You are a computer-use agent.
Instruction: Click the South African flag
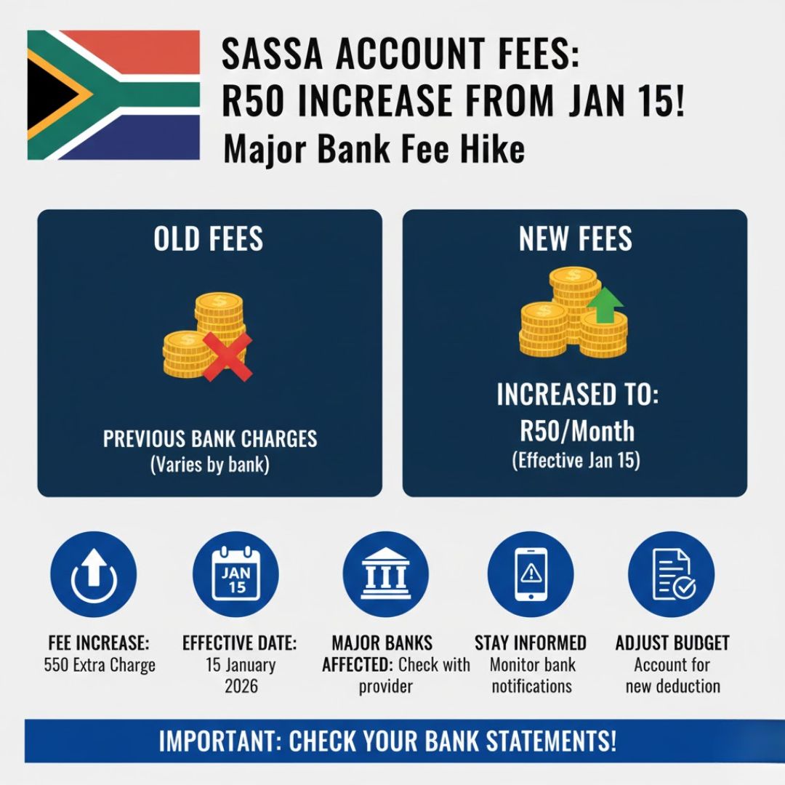113,94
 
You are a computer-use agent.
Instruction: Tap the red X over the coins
228,357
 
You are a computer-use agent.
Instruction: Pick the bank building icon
385,575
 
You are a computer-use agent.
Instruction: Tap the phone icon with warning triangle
531,575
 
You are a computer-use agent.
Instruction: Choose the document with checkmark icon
672,575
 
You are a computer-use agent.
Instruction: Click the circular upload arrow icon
93,575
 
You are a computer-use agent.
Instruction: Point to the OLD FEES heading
209,239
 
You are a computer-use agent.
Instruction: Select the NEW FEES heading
576,239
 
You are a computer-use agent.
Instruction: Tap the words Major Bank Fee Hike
374,150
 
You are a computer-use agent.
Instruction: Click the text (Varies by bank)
209,465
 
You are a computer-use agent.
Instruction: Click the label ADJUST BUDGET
672,643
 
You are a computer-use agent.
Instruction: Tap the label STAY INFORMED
531,643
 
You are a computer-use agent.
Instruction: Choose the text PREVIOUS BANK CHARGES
210,439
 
